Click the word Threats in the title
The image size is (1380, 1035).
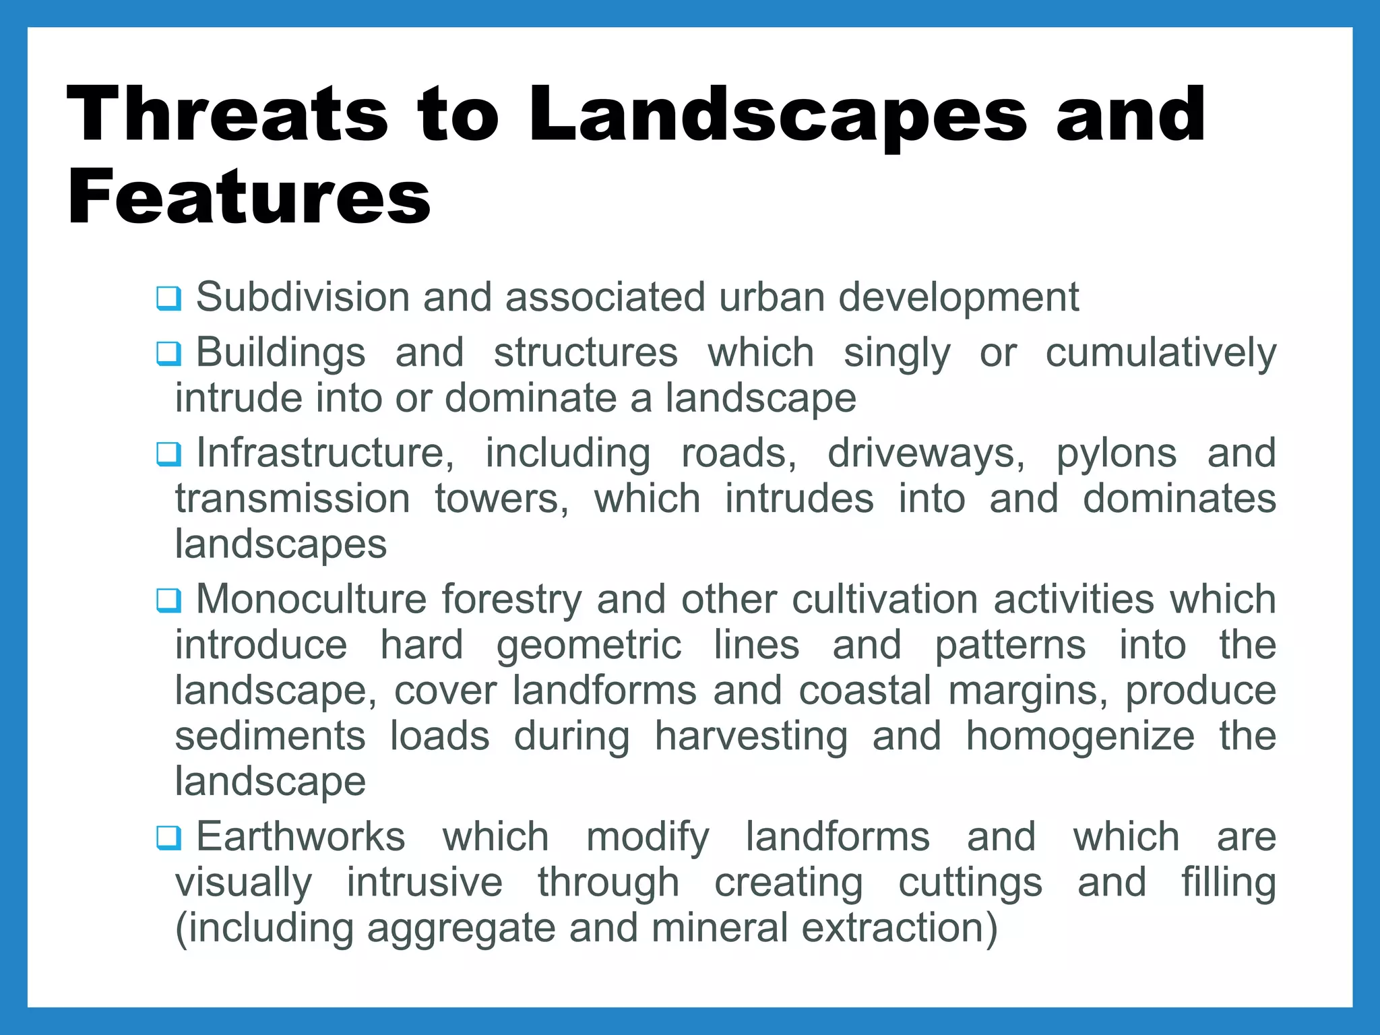pos(227,115)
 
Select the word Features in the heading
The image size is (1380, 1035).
pos(249,197)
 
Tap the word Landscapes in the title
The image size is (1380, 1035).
pos(778,115)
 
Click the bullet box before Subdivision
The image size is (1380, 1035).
pos(168,299)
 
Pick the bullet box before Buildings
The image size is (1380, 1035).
pos(168,354)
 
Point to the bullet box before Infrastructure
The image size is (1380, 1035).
pos(168,454)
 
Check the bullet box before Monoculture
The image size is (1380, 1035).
pos(168,600)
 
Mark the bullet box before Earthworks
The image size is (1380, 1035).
pos(168,838)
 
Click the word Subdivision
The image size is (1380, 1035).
pos(303,297)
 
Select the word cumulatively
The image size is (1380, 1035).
pos(1160,353)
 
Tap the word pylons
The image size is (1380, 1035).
pos(1116,453)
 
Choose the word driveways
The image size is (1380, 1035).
pos(926,453)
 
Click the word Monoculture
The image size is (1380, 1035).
pos(311,599)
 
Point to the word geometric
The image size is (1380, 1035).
pos(589,646)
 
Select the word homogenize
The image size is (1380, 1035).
pos(1080,736)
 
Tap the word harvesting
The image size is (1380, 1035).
pos(751,736)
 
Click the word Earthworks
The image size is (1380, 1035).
pos(301,837)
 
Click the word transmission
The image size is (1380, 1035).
pos(292,499)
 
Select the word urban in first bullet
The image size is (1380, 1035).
pos(772,297)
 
